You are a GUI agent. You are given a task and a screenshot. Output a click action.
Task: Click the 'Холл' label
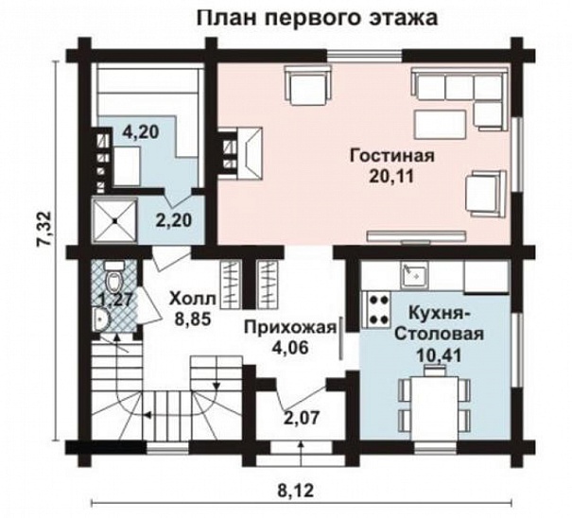pyautogui.click(x=193, y=300)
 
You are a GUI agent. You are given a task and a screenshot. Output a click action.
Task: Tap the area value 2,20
pyautogui.click(x=173, y=221)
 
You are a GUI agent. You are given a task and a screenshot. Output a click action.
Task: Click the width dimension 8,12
pyautogui.click(x=300, y=490)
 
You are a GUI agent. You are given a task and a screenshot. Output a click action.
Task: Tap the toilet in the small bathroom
pyautogui.click(x=113, y=280)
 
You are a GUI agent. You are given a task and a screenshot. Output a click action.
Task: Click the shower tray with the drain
pyautogui.click(x=115, y=220)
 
